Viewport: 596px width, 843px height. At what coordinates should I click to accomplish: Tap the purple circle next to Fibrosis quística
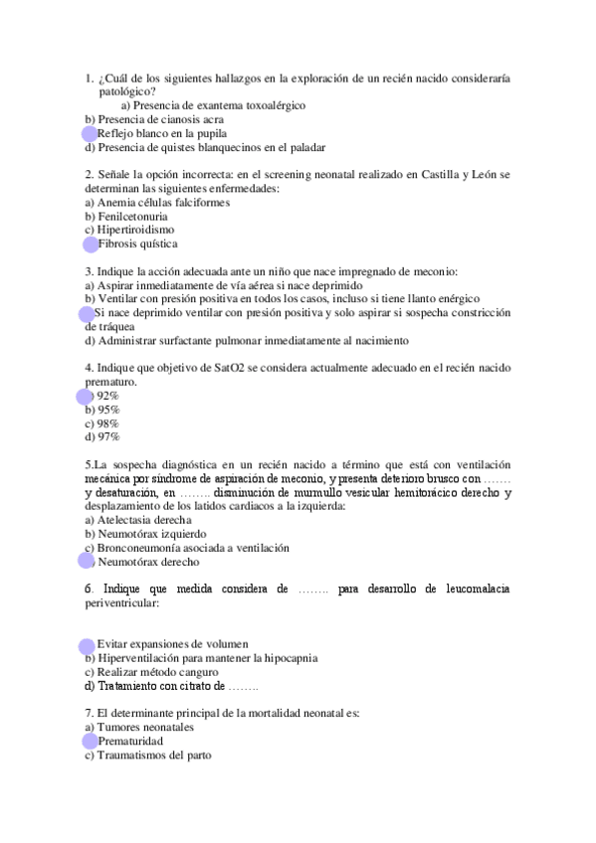[91, 245]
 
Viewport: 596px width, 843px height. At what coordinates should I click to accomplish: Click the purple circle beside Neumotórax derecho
[87, 561]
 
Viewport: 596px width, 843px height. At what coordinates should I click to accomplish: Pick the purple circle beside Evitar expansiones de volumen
[88, 645]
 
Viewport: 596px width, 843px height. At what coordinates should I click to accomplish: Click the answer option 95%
[102, 410]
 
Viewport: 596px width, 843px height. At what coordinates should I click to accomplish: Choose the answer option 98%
[102, 422]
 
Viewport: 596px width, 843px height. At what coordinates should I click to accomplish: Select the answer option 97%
[102, 435]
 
